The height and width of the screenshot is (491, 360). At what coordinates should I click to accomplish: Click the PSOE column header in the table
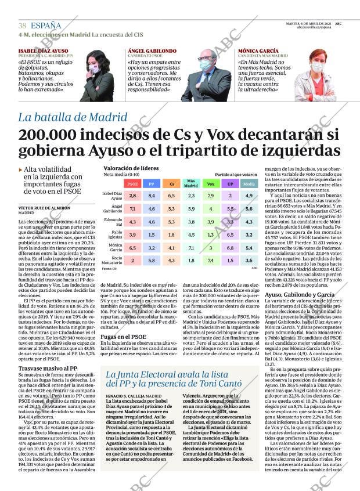point(132,183)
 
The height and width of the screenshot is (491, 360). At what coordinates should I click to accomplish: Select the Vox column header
point(211,183)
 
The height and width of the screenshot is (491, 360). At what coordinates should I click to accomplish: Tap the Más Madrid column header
point(191,183)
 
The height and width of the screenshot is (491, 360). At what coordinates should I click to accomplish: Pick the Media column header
point(249,183)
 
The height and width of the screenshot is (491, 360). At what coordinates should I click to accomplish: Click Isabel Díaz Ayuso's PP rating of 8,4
point(152,196)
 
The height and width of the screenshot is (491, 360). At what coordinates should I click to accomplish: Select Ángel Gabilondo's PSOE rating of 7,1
point(132,209)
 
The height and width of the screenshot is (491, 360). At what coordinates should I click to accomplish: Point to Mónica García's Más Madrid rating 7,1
point(191,247)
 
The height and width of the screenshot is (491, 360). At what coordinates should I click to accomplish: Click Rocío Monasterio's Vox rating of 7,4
point(211,260)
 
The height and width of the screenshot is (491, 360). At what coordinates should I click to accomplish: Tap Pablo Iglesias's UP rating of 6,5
point(231,234)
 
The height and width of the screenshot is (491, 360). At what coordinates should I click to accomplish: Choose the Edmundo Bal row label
point(113,222)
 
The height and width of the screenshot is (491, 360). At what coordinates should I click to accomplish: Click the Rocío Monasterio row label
point(113,260)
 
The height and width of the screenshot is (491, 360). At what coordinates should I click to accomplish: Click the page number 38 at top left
point(23,26)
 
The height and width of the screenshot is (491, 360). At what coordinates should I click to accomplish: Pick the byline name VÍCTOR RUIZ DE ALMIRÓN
point(44,207)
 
